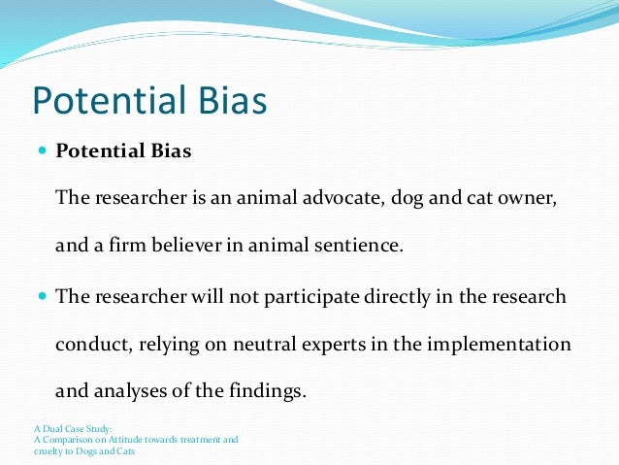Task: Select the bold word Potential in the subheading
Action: click(x=97, y=151)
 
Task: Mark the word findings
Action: click(x=268, y=392)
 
